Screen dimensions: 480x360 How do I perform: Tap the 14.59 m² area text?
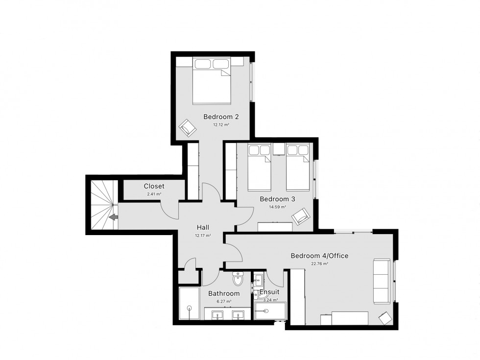pos(277,207)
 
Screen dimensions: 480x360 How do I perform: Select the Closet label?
pos(154,186)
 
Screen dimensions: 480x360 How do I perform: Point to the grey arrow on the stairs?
pos(114,217)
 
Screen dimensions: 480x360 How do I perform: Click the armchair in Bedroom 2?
pos(187,128)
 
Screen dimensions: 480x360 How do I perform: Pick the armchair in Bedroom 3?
pos(301,216)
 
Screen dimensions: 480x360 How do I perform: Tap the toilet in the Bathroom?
pos(238,278)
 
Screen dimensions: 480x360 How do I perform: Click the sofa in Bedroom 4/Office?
pos(382,281)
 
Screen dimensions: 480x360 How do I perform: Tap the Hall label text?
pos(203,227)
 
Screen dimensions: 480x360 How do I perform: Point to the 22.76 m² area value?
pos(319,264)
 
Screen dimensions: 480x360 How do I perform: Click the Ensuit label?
pos(269,292)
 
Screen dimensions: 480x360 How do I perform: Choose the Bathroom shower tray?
pos(189,303)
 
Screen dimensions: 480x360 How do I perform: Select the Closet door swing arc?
pos(169,211)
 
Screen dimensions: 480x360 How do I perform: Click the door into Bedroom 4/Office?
pos(234,254)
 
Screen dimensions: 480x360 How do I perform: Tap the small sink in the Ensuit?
pos(258,279)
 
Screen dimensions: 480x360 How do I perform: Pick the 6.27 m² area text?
pos(224,301)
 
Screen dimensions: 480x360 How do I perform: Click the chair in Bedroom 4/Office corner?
pos(385,318)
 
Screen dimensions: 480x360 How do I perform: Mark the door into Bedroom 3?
pos(245,216)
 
